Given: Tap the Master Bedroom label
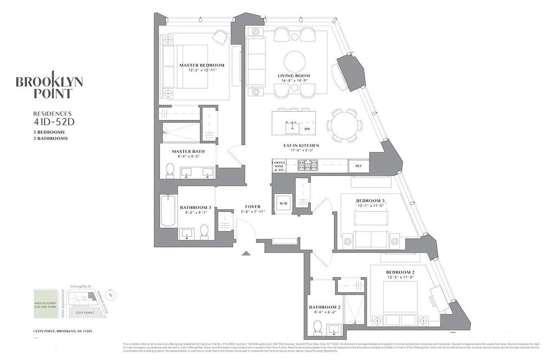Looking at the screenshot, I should pyautogui.click(x=202, y=65).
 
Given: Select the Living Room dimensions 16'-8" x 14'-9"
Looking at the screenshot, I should pyautogui.click(x=294, y=81).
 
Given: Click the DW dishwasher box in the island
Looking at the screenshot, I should pyautogui.click(x=307, y=129).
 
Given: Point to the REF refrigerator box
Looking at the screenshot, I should pyautogui.click(x=359, y=166).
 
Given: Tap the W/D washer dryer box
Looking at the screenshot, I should pyautogui.click(x=283, y=203).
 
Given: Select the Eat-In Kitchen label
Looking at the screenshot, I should pyautogui.click(x=301, y=145).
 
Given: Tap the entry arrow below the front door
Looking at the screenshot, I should pyautogui.click(x=246, y=253).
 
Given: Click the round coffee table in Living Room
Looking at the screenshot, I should pyautogui.click(x=294, y=61).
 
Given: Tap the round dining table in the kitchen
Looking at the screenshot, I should pyautogui.click(x=344, y=125).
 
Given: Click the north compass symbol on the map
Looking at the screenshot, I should pyautogui.click(x=112, y=295).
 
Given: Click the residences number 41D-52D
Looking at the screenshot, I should pyautogui.click(x=50, y=121).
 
